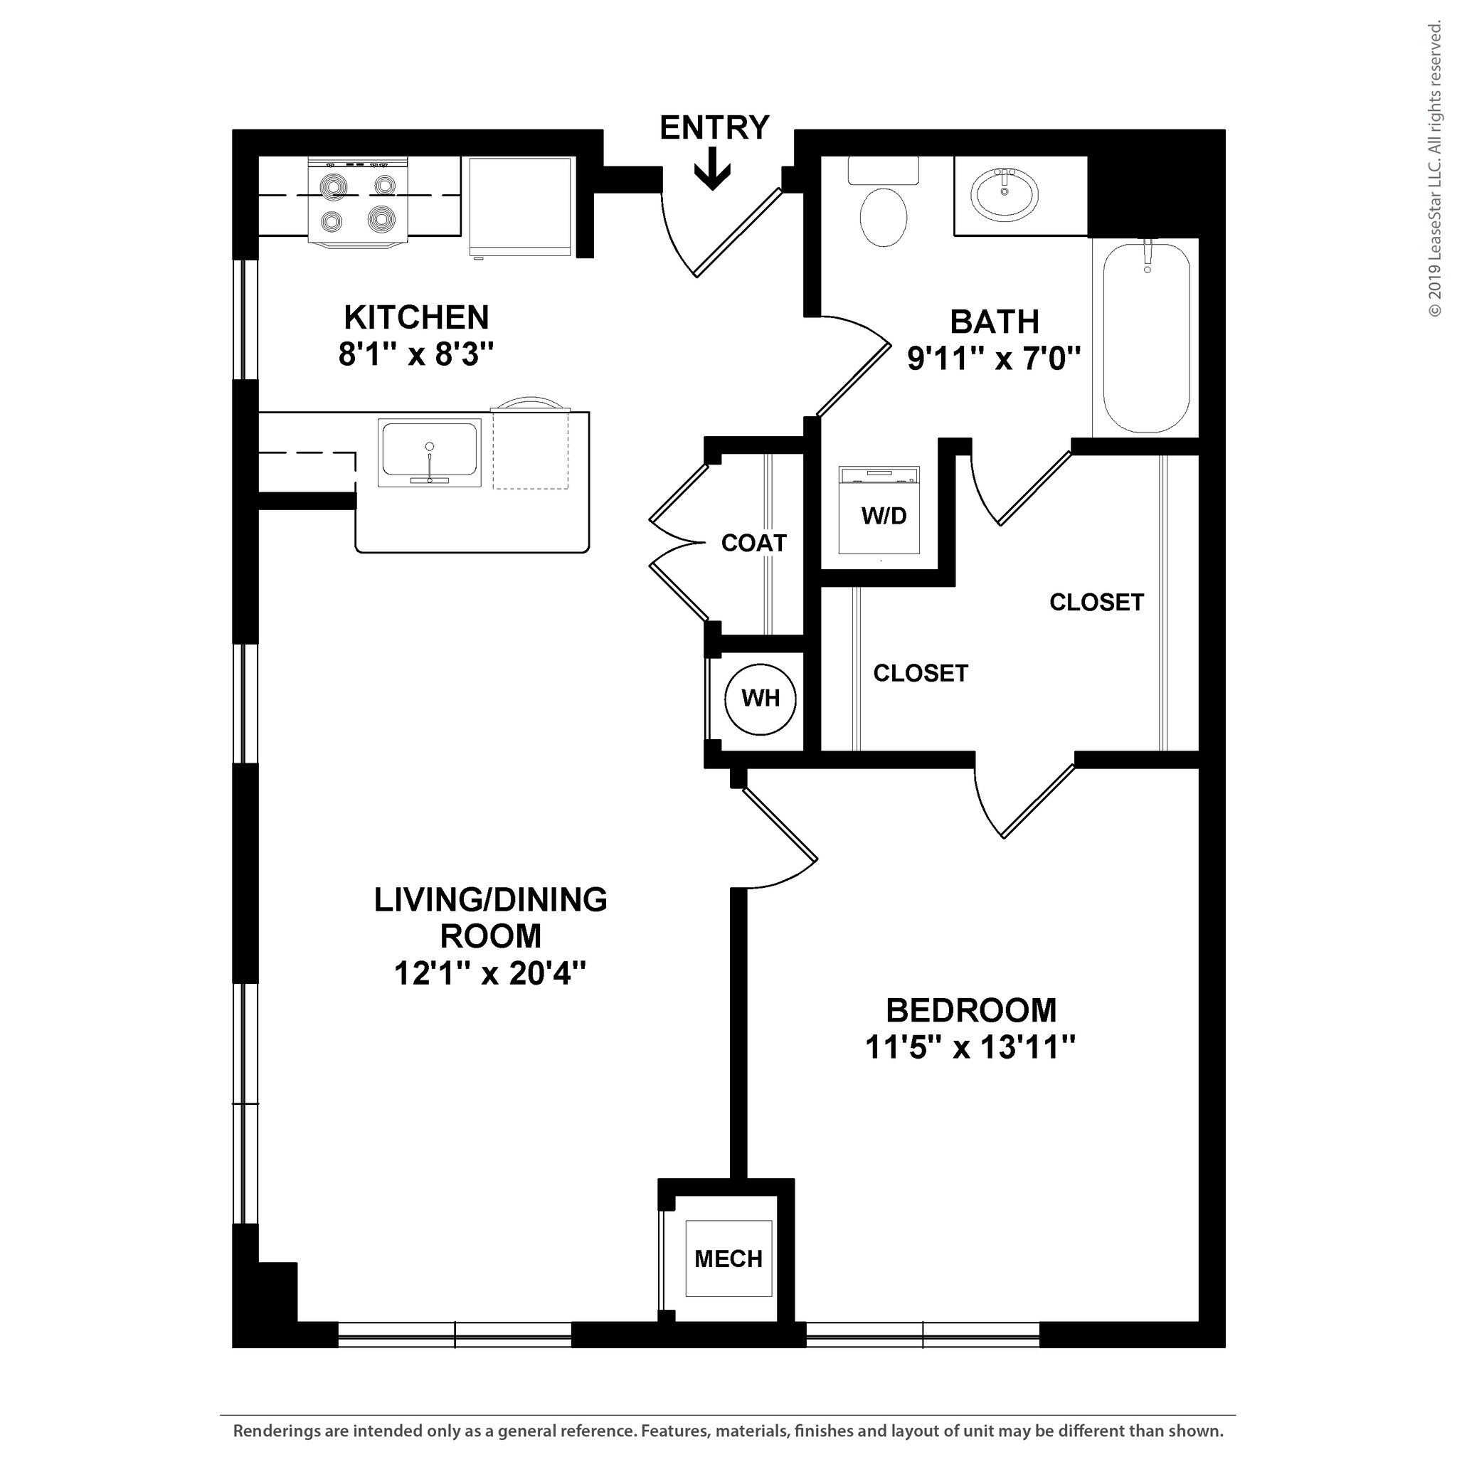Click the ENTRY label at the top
click(x=714, y=128)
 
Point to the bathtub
click(x=1145, y=339)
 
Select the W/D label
click(x=883, y=516)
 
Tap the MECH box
click(x=728, y=1259)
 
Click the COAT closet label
click(x=753, y=543)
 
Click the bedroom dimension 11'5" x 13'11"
click(x=970, y=1047)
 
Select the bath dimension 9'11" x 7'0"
click(x=994, y=359)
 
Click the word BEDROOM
click(x=970, y=1010)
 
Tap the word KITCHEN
click(x=416, y=317)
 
